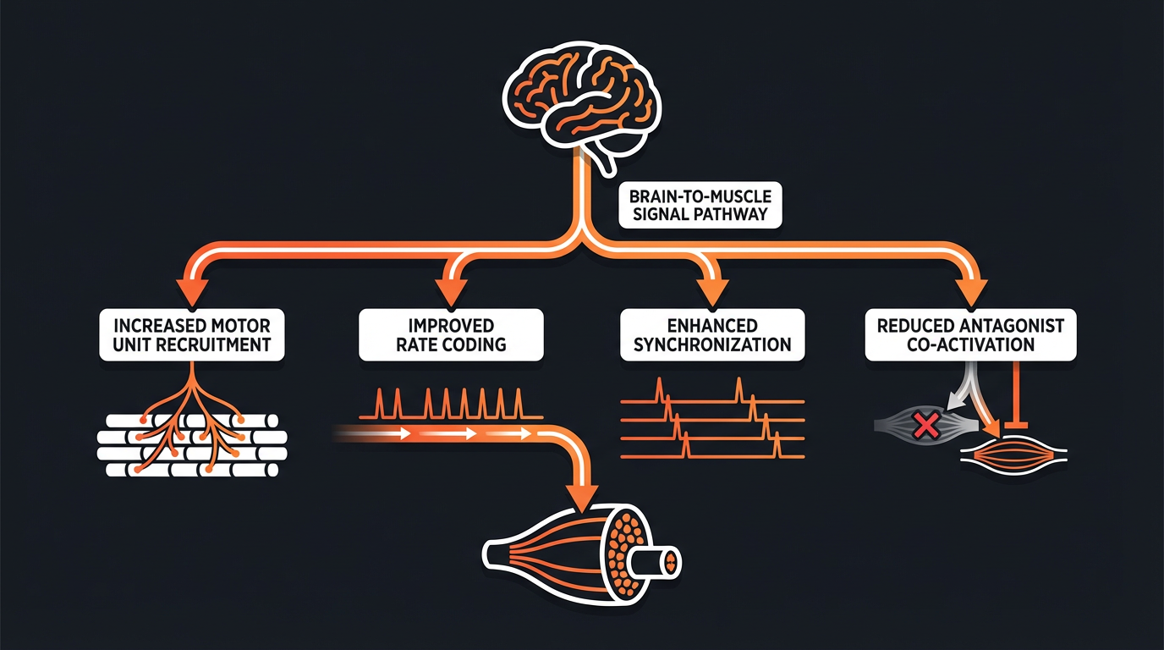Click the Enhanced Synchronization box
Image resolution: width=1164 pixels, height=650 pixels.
713,334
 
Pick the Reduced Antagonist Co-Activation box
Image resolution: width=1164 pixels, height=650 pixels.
970,334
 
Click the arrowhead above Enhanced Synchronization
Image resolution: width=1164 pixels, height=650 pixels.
713,290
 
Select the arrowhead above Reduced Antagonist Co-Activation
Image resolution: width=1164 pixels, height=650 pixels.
970,290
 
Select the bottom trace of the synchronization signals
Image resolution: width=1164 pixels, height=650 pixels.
713,455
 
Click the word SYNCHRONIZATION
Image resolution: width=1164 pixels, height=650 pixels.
713,344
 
